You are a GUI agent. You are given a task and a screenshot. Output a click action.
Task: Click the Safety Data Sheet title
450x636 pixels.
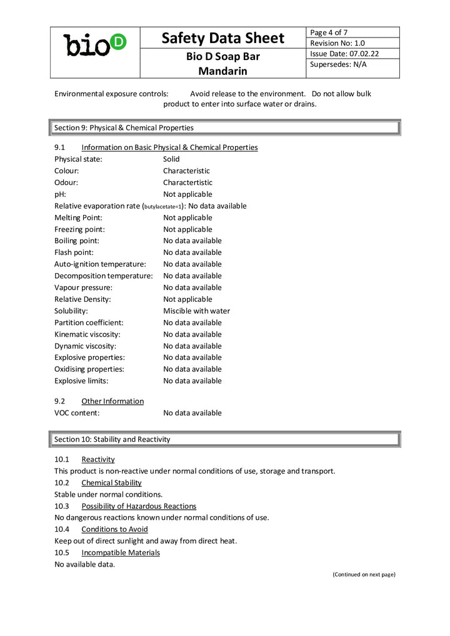(x=223, y=38)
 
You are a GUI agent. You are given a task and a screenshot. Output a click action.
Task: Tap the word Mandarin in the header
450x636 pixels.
(x=223, y=71)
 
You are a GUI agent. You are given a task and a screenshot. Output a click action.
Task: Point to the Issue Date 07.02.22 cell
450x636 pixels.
(x=353, y=54)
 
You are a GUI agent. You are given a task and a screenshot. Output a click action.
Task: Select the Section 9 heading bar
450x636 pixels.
(x=225, y=127)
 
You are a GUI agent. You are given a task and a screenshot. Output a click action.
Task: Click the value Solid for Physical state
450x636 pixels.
(x=171, y=159)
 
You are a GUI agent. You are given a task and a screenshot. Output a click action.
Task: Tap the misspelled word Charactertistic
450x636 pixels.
(x=187, y=182)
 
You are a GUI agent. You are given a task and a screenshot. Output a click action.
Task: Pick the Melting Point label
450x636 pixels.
(x=78, y=217)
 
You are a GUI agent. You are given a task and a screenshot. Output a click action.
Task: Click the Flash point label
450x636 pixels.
(x=74, y=252)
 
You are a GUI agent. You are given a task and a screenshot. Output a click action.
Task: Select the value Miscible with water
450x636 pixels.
(x=196, y=311)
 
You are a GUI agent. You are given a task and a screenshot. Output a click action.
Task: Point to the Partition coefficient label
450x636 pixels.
(x=89, y=322)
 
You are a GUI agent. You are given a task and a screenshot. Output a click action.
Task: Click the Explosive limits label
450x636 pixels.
(x=81, y=381)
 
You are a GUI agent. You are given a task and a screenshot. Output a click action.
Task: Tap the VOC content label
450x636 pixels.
(x=77, y=413)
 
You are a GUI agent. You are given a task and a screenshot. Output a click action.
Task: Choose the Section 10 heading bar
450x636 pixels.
(x=225, y=439)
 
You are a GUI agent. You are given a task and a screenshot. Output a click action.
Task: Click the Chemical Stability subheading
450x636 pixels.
(x=111, y=483)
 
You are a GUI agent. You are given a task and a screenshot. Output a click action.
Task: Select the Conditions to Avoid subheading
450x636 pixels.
(x=114, y=529)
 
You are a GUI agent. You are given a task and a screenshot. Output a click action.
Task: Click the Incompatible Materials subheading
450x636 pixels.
(x=121, y=553)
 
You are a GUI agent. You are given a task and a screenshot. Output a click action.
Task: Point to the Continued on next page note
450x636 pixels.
(x=364, y=574)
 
